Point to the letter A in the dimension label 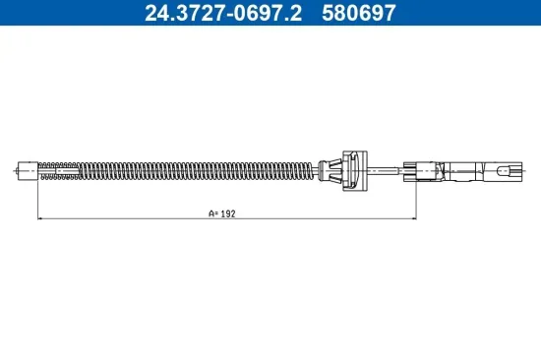[210, 212]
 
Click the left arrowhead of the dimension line [40, 218]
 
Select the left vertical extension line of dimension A [36, 197]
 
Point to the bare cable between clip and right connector [389, 169]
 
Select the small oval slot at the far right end [506, 170]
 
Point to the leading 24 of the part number [155, 14]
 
